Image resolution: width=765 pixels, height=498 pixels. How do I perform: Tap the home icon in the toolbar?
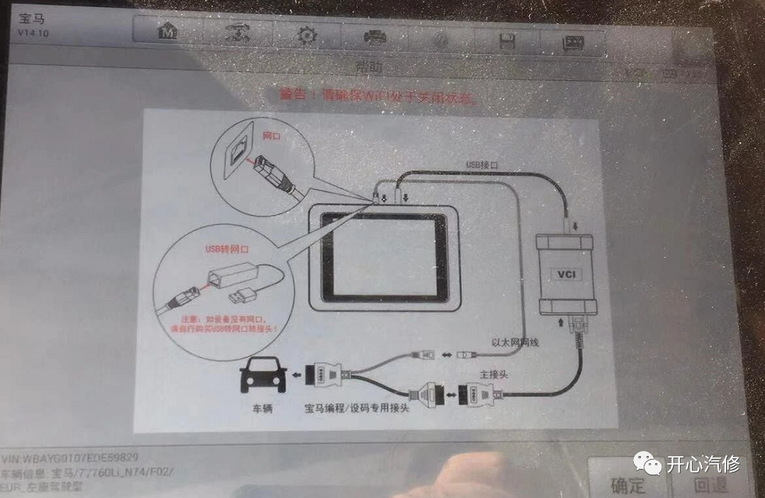tap(167, 32)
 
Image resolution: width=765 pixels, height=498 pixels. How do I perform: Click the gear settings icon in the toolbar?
tap(306, 35)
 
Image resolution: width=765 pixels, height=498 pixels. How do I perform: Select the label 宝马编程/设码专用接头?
tap(357, 409)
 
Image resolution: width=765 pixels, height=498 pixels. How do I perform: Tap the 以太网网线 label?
tap(515, 343)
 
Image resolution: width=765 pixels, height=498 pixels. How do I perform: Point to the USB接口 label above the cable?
tap(483, 165)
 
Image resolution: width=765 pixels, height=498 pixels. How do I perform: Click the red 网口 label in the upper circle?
tap(272, 135)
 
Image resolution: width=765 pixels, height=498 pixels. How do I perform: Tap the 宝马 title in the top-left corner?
tap(33, 19)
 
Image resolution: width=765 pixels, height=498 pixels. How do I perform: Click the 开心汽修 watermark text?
tap(702, 465)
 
